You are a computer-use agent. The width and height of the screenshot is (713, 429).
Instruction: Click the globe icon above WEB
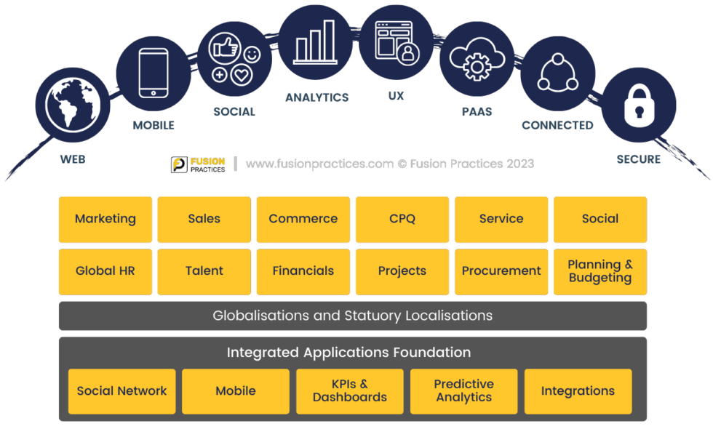[x=71, y=105]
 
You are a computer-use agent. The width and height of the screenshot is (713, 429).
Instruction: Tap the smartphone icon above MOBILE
[x=153, y=72]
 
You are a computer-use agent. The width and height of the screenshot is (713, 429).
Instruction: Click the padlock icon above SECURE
[x=639, y=105]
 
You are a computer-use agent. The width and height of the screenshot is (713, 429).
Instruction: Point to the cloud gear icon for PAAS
[x=477, y=58]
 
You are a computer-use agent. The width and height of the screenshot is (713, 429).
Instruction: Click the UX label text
[x=397, y=96]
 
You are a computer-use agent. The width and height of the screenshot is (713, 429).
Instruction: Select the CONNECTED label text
[x=557, y=125]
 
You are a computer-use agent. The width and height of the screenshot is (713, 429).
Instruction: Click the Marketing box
[x=105, y=219]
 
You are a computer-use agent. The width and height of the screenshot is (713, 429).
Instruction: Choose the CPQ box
[x=402, y=219]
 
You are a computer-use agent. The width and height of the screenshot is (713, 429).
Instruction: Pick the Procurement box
[x=501, y=271]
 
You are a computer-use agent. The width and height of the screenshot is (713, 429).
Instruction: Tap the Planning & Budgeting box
[x=600, y=271]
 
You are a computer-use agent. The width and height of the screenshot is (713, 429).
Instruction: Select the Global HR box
[x=105, y=271]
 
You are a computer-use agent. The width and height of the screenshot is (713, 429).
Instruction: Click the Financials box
[x=303, y=271]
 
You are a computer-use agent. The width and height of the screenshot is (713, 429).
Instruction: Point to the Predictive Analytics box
[x=464, y=391]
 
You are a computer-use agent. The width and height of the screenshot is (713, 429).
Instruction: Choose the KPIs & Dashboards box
[x=350, y=391]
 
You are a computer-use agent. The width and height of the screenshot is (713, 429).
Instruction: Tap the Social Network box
[x=122, y=391]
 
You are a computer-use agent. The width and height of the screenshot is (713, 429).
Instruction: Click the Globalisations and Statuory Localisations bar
[x=352, y=316]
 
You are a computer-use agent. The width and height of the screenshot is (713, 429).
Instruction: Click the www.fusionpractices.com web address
[x=319, y=164]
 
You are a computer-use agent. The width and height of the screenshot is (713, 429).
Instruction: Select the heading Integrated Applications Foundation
[x=348, y=353]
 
